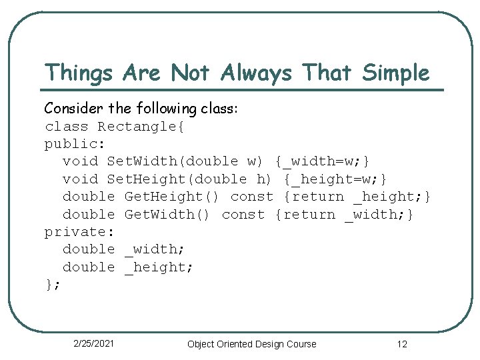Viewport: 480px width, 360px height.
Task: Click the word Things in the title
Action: coord(78,72)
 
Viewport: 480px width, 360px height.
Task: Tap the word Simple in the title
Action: coord(396,72)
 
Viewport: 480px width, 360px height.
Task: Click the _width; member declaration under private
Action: coord(155,249)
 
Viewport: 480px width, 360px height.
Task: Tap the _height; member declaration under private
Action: coord(159,267)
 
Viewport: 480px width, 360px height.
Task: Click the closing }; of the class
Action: coord(53,284)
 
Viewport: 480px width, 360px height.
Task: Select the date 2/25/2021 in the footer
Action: coord(93,343)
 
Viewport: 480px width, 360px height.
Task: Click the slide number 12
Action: coord(401,344)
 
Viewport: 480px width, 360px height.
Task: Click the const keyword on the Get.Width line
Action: coord(243,214)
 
